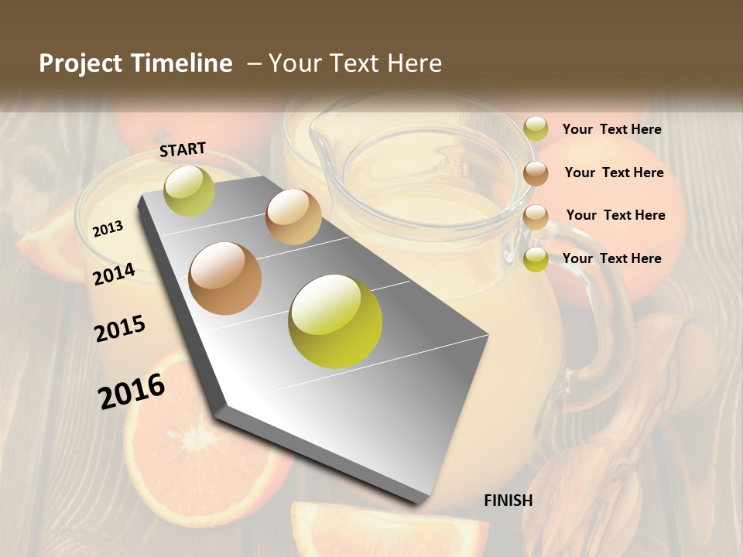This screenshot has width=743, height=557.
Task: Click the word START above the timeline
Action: coord(183,149)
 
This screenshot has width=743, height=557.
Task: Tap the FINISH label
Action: coord(508,501)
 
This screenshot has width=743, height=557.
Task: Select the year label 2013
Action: coord(108,228)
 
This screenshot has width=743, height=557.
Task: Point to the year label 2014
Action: coord(114,274)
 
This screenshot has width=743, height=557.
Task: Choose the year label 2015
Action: coord(120,329)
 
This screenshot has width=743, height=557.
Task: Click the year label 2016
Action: coord(132,391)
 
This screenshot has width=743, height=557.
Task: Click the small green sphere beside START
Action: coord(189,190)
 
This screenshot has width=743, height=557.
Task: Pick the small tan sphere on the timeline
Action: coord(293,217)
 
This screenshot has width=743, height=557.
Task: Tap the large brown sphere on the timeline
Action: coord(225,278)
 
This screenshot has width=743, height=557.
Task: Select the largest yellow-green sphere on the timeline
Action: coord(335,321)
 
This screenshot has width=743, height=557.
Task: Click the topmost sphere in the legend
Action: coord(536,129)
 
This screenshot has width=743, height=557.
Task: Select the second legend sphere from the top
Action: coord(536,173)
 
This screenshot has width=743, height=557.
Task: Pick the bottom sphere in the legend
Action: coord(536,259)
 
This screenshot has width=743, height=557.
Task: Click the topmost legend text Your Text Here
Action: coord(611,129)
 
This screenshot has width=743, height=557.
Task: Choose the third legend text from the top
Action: coord(615,215)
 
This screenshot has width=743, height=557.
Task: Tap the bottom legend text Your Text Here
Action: coord(611,258)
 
